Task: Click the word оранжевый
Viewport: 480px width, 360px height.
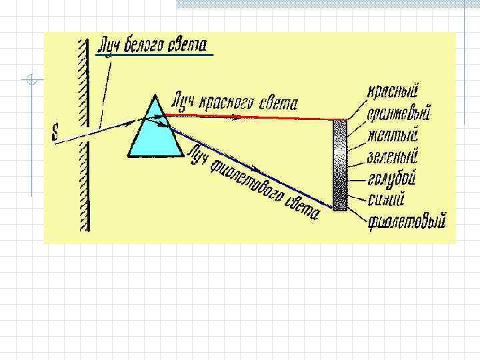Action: click(399, 112)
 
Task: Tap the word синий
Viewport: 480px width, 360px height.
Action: click(386, 199)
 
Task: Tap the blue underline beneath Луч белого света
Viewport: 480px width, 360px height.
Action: click(154, 55)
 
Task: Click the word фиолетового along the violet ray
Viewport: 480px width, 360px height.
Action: click(247, 179)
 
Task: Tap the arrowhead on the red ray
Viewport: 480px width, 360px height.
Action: click(237, 116)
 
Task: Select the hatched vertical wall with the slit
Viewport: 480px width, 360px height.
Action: click(85, 133)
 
